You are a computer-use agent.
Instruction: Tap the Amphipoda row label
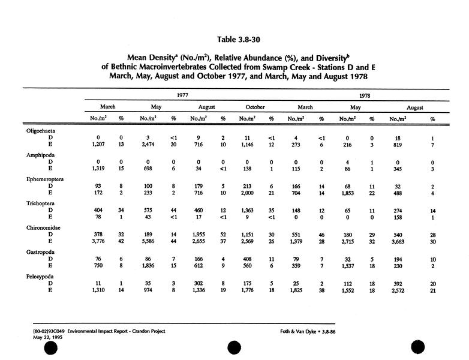(41, 155)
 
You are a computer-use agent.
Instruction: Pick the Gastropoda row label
(41, 253)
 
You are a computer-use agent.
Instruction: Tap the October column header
(255, 108)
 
